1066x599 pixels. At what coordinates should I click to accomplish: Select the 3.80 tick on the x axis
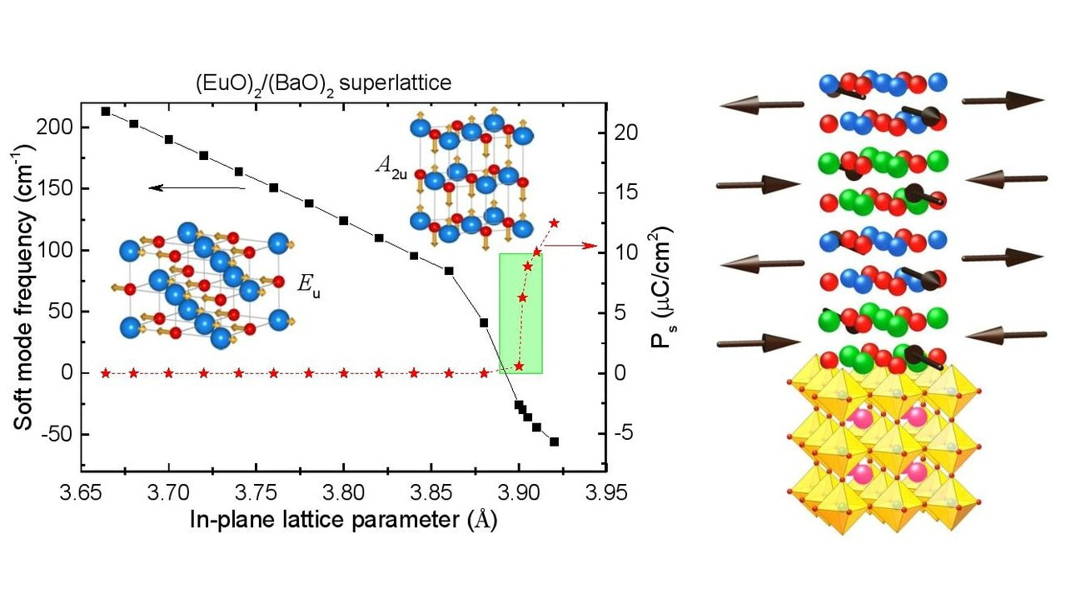coord(343,494)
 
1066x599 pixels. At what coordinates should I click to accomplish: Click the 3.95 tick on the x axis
coord(605,494)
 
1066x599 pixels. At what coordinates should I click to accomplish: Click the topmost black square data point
coord(106,111)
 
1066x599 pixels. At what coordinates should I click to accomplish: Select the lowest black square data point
coord(554,442)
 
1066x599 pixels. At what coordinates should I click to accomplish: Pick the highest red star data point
coord(554,222)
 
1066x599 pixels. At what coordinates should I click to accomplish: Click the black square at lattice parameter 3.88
coord(484,322)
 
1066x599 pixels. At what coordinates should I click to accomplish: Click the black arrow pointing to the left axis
coord(197,189)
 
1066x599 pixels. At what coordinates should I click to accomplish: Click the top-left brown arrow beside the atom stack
coord(761,105)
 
